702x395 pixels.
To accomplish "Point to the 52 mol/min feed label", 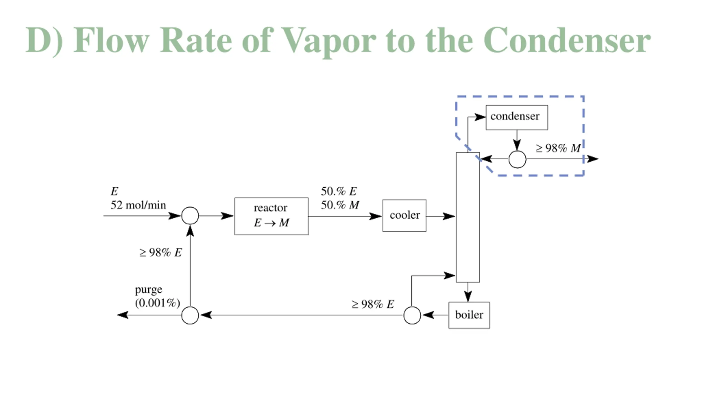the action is pos(138,205).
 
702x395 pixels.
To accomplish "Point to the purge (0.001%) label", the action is pos(157,296).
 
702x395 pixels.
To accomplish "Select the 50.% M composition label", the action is pos(340,205).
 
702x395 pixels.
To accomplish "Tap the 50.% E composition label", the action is pos(339,191).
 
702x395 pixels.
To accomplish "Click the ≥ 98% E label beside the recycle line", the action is pos(160,253).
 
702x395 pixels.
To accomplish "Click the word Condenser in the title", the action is pos(567,40).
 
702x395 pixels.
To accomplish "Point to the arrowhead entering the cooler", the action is pos(375,216).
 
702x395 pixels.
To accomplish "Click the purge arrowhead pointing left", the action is pos(123,315).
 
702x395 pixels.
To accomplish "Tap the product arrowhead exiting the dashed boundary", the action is pos(592,159).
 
